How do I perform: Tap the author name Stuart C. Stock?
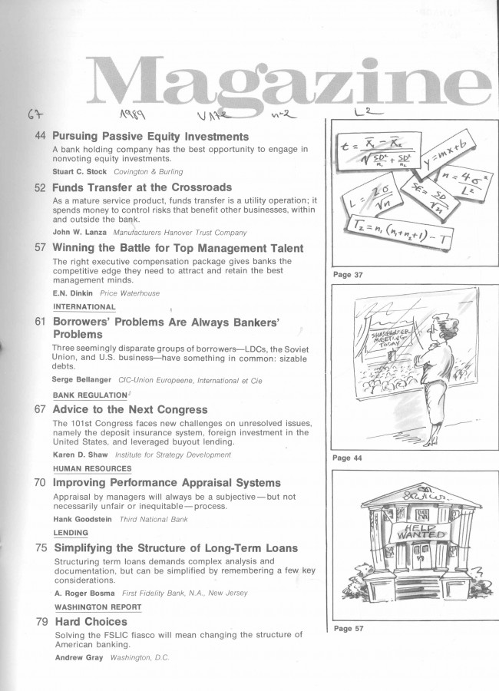(x=80, y=171)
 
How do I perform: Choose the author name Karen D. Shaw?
(x=81, y=455)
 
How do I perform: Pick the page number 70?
(x=41, y=483)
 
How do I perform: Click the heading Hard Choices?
(x=90, y=621)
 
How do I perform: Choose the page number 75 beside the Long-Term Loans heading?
(x=41, y=548)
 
